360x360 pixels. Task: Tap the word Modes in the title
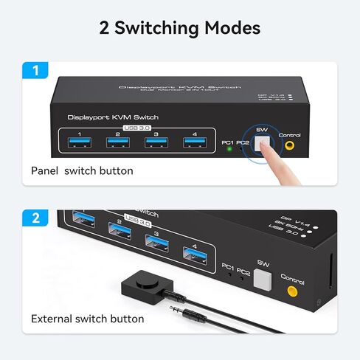pos(225,28)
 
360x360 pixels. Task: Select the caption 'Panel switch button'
pos(82,170)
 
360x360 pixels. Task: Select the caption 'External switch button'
pos(87,319)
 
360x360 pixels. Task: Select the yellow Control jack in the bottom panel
pos(293,291)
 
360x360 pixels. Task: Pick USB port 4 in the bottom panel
pos(194,257)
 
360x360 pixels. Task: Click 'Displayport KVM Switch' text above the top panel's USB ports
pos(112,117)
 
